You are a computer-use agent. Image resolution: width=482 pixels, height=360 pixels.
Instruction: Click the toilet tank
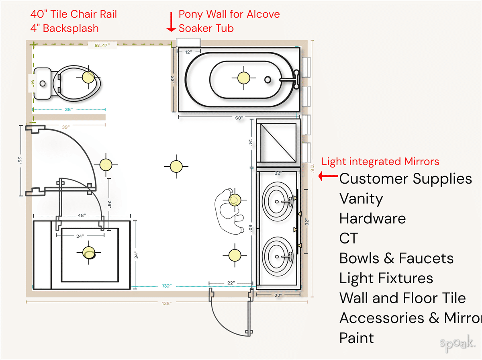pyautogui.click(x=42, y=84)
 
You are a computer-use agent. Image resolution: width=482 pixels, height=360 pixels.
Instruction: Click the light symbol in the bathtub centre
pyautogui.click(x=243, y=78)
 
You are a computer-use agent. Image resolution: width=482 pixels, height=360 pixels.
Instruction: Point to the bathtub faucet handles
pyautogui.click(x=296, y=79)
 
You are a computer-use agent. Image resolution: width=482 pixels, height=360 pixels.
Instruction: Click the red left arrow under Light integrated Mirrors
pyautogui.click(x=329, y=176)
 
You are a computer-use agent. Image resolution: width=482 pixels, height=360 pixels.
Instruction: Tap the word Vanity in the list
pyautogui.click(x=361, y=198)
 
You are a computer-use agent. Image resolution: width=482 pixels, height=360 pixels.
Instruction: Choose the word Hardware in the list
pyautogui.click(x=372, y=219)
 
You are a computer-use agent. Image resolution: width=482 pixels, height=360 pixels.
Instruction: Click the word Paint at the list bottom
pyautogui.click(x=356, y=338)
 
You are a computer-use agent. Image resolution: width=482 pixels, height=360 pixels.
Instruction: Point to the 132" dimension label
pyautogui.click(x=167, y=286)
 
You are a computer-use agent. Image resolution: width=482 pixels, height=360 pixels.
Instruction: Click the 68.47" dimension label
pyautogui.click(x=102, y=45)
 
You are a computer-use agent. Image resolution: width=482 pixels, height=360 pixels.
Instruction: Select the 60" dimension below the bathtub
pyautogui.click(x=239, y=118)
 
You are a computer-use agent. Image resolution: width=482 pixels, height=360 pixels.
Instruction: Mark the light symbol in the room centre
pyautogui.click(x=176, y=166)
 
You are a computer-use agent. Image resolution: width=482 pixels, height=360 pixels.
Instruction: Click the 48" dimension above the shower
pyautogui.click(x=82, y=215)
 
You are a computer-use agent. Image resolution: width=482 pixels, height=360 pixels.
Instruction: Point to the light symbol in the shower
pyautogui.click(x=89, y=253)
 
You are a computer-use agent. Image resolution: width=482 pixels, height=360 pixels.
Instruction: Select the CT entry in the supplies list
pyautogui.click(x=348, y=238)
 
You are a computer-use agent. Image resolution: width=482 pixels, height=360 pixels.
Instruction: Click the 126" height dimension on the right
pyautogui.click(x=312, y=170)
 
